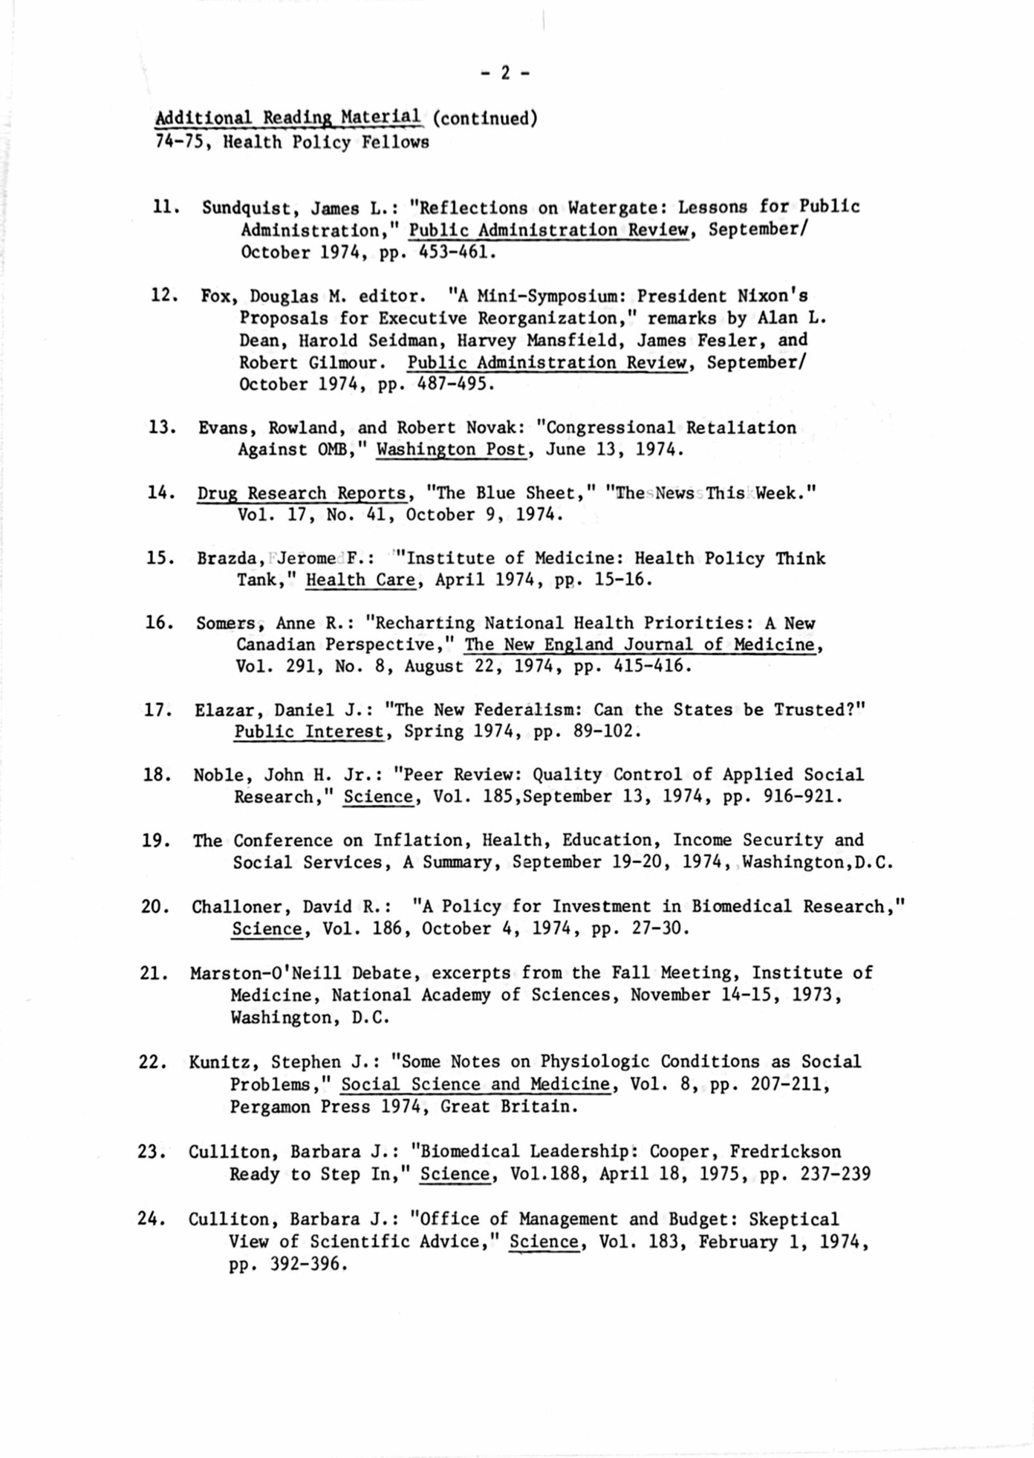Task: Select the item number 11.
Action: (165, 207)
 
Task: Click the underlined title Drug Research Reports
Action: (301, 493)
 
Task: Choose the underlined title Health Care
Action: (360, 580)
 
